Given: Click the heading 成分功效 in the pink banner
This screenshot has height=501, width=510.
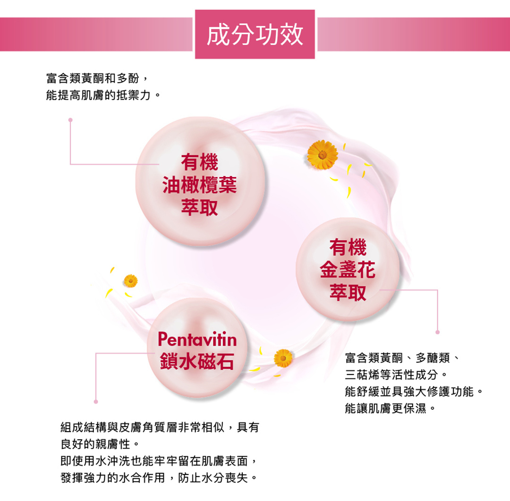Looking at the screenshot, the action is [x=255, y=34].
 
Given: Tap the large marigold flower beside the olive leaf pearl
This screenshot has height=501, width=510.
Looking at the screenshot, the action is [x=322, y=154].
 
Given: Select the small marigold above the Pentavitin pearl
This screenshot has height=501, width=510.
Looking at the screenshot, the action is [x=130, y=281].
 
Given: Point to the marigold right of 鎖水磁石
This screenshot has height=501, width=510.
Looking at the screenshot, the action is [x=283, y=358].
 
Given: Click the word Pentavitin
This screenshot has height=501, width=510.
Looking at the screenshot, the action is [x=197, y=339].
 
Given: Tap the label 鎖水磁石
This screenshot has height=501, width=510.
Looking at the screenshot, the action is [x=197, y=361].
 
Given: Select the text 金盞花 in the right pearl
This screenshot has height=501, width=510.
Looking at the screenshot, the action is [x=348, y=271].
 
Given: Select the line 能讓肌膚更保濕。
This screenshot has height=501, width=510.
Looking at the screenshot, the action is [x=390, y=408].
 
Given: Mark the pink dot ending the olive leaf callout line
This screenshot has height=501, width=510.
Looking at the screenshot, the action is [x=70, y=119].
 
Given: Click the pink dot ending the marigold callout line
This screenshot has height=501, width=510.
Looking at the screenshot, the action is [x=438, y=332].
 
